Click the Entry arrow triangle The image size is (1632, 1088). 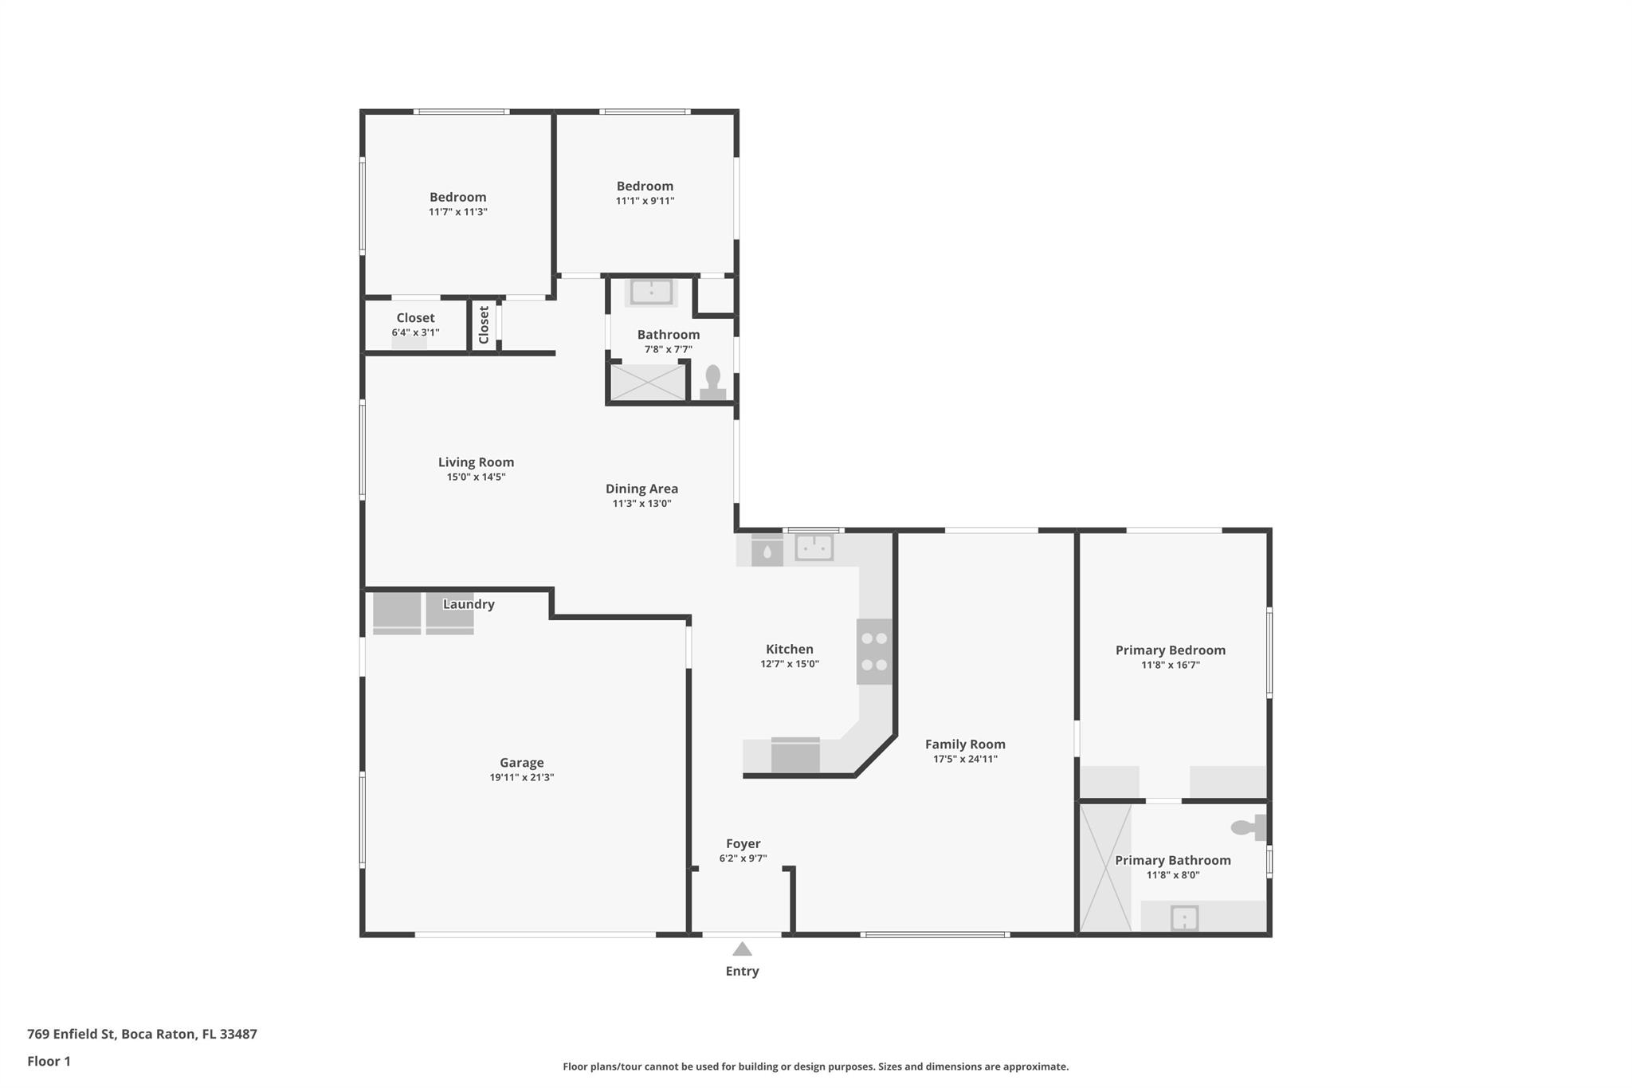tap(742, 949)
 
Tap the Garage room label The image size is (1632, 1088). tap(521, 763)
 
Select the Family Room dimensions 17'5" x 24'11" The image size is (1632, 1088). tap(965, 759)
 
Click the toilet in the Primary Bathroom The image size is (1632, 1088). tap(1248, 827)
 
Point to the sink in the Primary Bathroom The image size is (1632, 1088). tap(1184, 918)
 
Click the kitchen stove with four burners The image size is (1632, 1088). tap(874, 651)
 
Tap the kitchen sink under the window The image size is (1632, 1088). tap(814, 548)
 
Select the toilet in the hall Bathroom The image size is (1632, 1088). tap(712, 382)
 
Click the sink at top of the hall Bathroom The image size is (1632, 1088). tap(651, 292)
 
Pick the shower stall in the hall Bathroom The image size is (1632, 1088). tap(647, 383)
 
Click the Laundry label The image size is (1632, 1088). tap(469, 604)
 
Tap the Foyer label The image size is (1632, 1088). tap(743, 843)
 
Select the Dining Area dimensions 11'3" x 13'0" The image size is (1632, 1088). tap(641, 504)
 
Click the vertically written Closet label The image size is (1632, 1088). tap(484, 325)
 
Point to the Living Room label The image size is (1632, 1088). tap(476, 462)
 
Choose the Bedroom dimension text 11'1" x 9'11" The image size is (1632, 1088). tap(645, 201)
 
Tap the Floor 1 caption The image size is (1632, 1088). tap(49, 1061)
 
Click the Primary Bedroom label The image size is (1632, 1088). tap(1170, 650)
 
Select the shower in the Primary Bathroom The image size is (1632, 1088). tap(1104, 867)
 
